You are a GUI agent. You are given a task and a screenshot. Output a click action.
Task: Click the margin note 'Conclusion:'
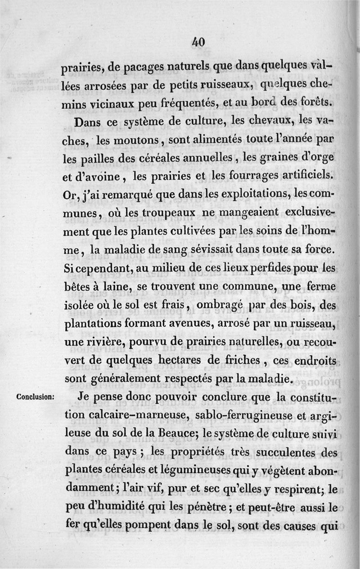(35, 397)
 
